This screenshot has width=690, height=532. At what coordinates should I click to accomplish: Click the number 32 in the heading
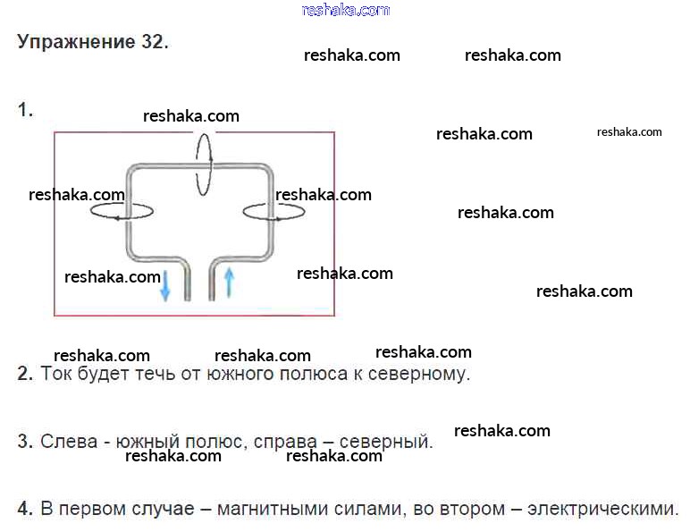point(152,42)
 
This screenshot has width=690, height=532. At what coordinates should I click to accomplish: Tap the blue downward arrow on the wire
point(165,285)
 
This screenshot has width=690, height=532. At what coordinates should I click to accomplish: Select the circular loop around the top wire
point(204,164)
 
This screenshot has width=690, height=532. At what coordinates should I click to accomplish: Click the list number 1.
point(24,110)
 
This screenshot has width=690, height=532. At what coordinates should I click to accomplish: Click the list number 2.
point(24,374)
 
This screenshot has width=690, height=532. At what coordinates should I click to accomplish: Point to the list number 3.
point(24,442)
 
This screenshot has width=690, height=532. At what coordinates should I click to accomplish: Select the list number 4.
point(24,509)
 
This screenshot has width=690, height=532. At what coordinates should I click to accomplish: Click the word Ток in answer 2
point(56,374)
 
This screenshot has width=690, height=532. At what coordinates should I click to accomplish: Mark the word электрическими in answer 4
point(602,509)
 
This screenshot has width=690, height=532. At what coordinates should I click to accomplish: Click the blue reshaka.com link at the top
point(346,10)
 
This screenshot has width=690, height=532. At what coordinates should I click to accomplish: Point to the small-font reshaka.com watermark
point(629,131)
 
